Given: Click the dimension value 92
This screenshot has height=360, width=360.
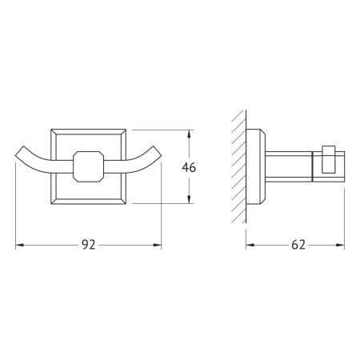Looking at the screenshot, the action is pyautogui.click(x=88, y=245).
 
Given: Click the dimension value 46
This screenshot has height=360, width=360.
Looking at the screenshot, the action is pyautogui.click(x=189, y=167).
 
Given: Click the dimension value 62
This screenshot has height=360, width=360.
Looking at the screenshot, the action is pyautogui.click(x=298, y=245).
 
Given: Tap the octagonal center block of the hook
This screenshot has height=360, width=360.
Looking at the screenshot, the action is pyautogui.click(x=88, y=166).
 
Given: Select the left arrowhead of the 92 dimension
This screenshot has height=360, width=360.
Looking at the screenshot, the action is pyautogui.click(x=20, y=245).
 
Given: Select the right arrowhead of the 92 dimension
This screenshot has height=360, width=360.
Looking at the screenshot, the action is pyautogui.click(x=157, y=245).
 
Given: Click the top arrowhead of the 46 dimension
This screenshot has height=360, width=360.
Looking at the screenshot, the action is pyautogui.click(x=189, y=134).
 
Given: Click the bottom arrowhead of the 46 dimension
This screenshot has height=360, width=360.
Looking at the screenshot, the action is pyautogui.click(x=189, y=199).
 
